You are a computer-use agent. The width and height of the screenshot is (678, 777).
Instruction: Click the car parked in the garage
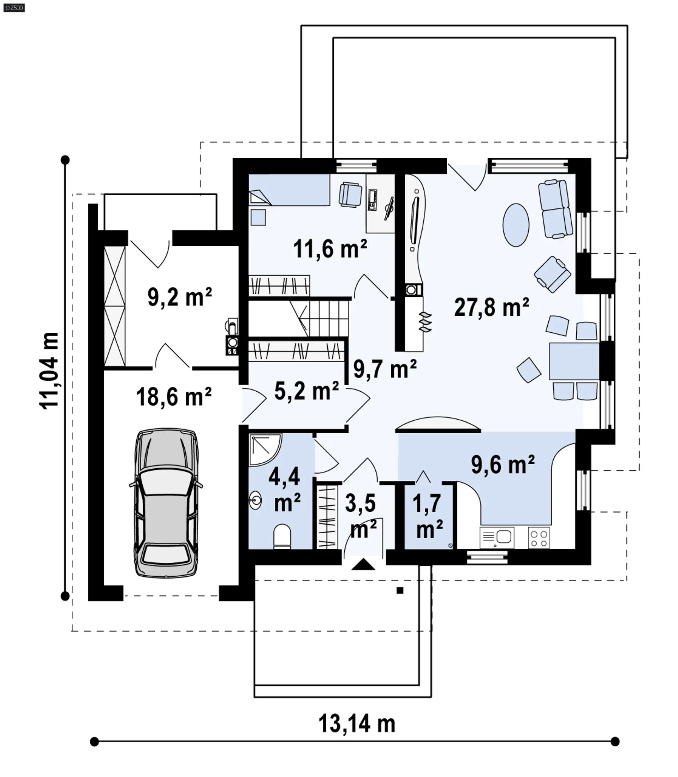pos(166,503)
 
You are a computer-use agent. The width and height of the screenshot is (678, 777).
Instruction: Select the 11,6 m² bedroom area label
pos(330,249)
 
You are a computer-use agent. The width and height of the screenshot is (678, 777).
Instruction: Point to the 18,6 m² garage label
pos(174,397)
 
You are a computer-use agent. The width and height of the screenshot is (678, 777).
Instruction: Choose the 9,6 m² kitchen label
pos(503,464)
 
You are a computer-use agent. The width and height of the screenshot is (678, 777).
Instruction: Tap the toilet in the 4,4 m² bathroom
pos(282,536)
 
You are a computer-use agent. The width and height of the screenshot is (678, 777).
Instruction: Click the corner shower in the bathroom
pos(265,449)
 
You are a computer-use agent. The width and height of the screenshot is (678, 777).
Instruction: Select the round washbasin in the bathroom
pos(255,501)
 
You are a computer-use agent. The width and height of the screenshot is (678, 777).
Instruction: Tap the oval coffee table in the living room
pos(516,225)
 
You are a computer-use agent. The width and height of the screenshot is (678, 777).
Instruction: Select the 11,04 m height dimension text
pos(49,370)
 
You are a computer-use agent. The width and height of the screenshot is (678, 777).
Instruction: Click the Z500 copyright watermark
pos(14,7)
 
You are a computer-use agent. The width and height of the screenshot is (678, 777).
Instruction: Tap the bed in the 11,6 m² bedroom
pos(289,190)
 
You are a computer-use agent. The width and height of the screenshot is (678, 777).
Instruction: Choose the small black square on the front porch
pos(400,591)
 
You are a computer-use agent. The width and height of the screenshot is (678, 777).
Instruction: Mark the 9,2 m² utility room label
pos(179,297)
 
